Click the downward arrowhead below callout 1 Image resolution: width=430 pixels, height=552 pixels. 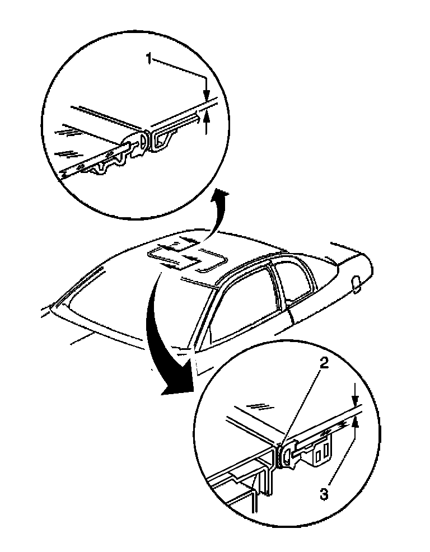tap(206, 96)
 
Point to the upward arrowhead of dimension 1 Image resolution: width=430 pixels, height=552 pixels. tap(206, 116)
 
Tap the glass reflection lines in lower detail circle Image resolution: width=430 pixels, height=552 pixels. tap(259, 405)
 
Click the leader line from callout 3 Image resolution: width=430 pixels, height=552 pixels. tap(342, 459)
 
